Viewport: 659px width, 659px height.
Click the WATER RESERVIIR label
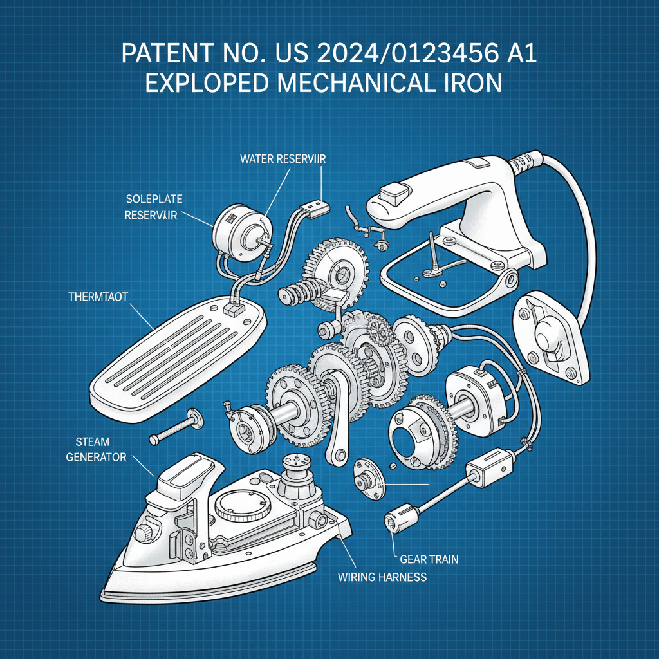[282, 159]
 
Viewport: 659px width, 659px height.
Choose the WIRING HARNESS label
[382, 577]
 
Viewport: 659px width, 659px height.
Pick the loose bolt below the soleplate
[174, 428]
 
